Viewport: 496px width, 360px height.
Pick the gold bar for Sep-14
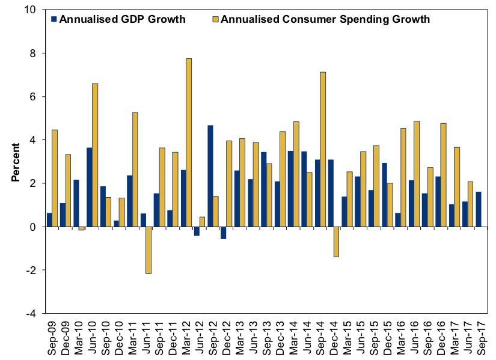pyautogui.click(x=323, y=150)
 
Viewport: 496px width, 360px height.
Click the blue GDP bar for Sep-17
pyautogui.click(x=478, y=209)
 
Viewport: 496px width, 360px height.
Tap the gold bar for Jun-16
pyautogui.click(x=417, y=174)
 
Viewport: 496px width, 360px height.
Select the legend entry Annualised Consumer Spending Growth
pyautogui.click(x=325, y=19)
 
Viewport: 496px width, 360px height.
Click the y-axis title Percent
pyautogui.click(x=16, y=162)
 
